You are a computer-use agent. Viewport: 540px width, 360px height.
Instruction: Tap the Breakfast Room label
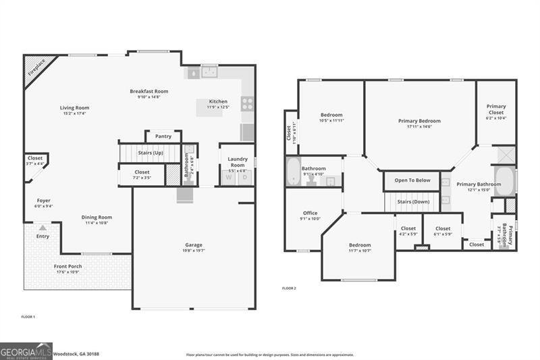click(x=149, y=91)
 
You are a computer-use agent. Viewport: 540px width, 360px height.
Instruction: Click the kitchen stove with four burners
click(x=247, y=104)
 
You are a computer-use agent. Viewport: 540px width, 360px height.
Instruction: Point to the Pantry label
click(x=163, y=136)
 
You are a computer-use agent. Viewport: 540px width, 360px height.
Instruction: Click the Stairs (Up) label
click(x=150, y=153)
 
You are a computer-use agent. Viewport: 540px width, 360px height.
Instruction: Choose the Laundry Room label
click(x=237, y=162)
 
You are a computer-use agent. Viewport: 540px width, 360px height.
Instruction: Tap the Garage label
click(x=194, y=245)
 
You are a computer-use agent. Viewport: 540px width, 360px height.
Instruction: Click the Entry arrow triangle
click(x=43, y=228)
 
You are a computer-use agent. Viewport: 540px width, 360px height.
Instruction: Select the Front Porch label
click(x=68, y=266)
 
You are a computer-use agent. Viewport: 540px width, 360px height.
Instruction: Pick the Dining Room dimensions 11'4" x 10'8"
click(x=97, y=223)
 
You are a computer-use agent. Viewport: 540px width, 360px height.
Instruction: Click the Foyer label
click(x=43, y=201)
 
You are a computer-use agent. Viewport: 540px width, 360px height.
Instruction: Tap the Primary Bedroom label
click(x=419, y=121)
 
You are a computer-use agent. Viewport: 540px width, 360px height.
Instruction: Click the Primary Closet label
click(x=496, y=107)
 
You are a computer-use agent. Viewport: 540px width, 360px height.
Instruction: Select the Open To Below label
click(x=412, y=180)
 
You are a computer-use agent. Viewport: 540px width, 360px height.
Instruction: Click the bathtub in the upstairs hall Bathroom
click(x=292, y=172)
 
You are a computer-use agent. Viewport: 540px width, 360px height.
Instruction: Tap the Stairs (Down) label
click(x=413, y=202)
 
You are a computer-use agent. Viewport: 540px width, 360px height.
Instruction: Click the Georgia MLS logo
click(x=26, y=351)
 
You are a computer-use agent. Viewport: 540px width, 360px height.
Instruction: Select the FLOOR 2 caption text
click(x=289, y=288)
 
